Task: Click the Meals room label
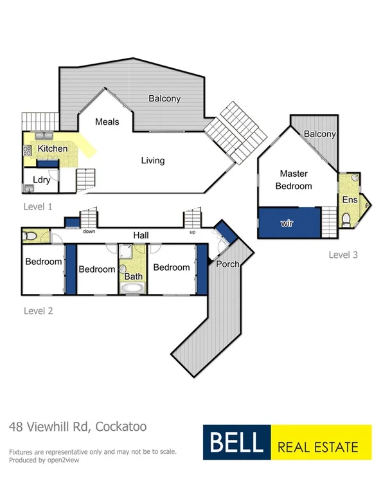(x=107, y=122)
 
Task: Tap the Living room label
(x=153, y=161)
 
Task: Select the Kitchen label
(x=52, y=149)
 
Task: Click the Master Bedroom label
(x=294, y=180)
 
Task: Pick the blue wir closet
(x=289, y=222)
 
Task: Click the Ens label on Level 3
(x=350, y=200)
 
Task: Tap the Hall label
(x=141, y=236)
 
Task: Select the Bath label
(x=133, y=277)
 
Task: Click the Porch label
(x=227, y=264)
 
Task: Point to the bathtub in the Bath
(x=133, y=289)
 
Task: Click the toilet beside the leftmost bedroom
(x=29, y=237)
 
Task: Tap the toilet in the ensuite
(x=346, y=222)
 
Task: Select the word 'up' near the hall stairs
(x=191, y=231)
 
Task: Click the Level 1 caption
(x=37, y=207)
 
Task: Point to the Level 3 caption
(x=343, y=255)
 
